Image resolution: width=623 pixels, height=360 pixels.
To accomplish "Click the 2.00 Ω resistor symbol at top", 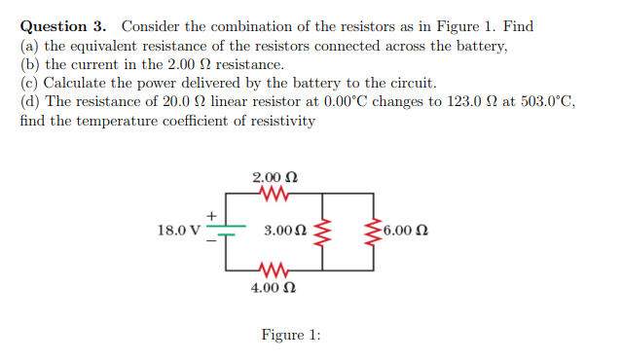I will coord(275,195).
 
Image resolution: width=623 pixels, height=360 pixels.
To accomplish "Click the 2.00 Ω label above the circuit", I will coord(275,178).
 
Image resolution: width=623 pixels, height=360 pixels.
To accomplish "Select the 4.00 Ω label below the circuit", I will coord(275,287).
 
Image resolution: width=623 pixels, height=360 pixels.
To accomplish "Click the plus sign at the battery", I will coord(209,214).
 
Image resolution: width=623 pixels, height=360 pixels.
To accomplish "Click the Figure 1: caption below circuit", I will coord(291,335).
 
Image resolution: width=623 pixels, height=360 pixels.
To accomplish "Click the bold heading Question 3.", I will coord(66,26).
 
